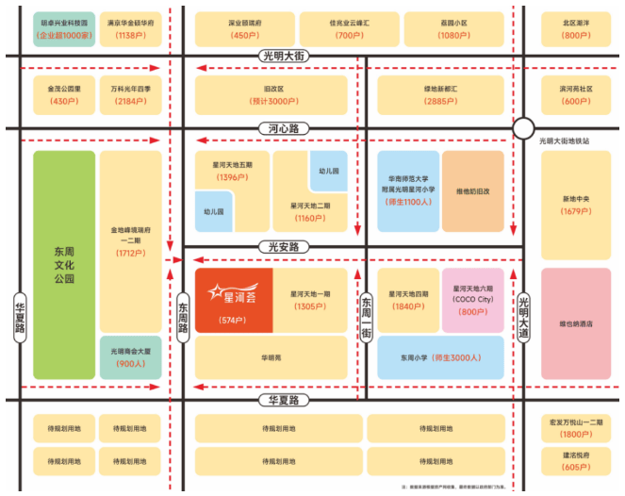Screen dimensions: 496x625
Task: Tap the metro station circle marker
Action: tap(524, 129)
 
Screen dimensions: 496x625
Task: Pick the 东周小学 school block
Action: tap(439, 357)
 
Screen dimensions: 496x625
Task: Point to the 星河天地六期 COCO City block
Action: tap(473, 300)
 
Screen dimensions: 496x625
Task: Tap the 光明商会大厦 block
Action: tap(131, 357)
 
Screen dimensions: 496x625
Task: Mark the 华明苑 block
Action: tap(271, 358)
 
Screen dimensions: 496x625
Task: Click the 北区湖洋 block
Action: tap(575, 29)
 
